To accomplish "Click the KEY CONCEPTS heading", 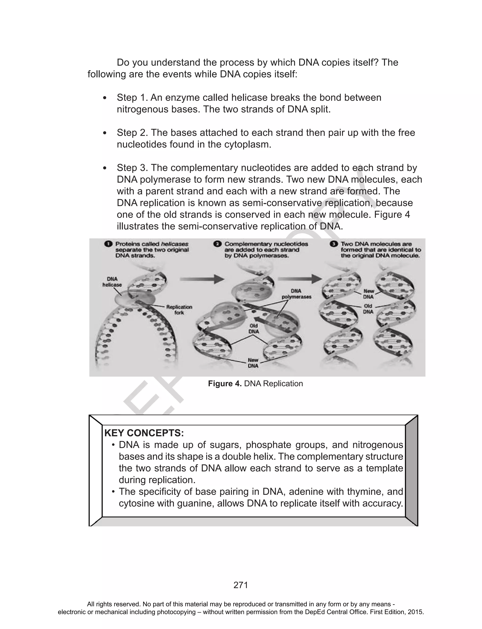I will pyautogui.click(x=144, y=433).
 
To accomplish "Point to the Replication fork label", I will pyautogui.click(x=179, y=310).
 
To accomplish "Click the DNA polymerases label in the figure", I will pyautogui.click(x=296, y=294).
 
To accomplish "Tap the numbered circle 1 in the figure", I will pyautogui.click(x=108, y=244).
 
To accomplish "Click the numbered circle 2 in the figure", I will pyautogui.click(x=217, y=244).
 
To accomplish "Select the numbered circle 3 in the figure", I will pyautogui.click(x=334, y=244).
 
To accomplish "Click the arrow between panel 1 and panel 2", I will pyautogui.click(x=202, y=279).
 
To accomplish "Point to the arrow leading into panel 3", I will pyautogui.click(x=300, y=278).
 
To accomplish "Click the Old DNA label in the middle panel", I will pyautogui.click(x=254, y=329).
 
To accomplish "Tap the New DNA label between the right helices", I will pyautogui.click(x=369, y=294).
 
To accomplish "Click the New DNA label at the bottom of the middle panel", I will pyautogui.click(x=253, y=363).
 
